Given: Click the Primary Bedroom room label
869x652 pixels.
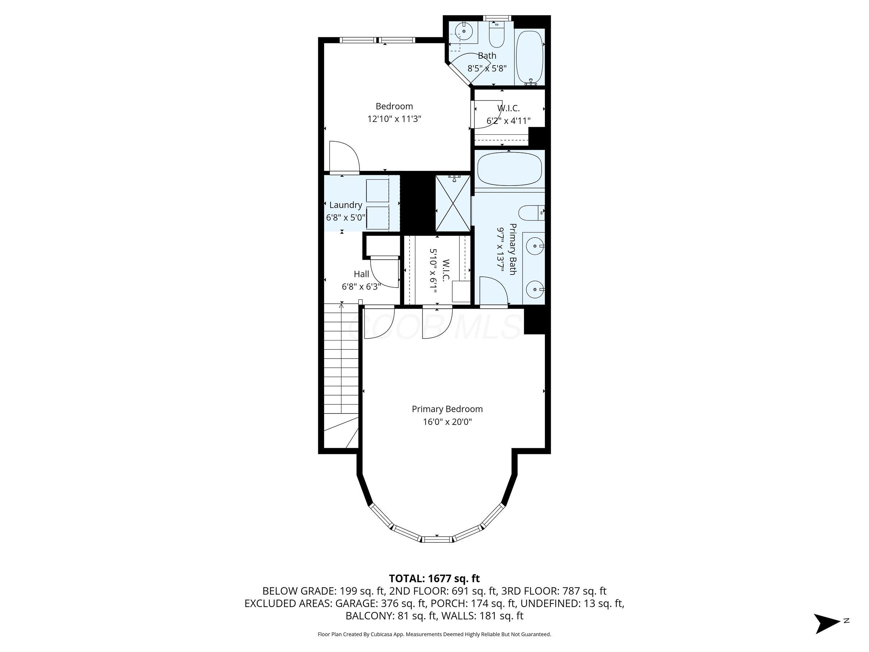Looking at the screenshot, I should (447, 409).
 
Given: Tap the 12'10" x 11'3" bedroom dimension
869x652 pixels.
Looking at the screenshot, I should (394, 119).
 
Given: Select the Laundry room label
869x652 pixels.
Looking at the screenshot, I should (345, 205).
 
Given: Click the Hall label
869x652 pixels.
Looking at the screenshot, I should (361, 274).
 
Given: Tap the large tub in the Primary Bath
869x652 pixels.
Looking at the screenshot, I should (509, 169).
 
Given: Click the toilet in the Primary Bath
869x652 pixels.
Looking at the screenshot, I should (531, 213).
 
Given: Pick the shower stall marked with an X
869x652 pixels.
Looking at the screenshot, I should (453, 204).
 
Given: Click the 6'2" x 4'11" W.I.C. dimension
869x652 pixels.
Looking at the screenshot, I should (508, 121).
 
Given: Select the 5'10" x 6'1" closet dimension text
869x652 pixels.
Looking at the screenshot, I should (433, 271).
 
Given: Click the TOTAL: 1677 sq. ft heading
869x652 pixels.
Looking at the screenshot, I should (434, 578).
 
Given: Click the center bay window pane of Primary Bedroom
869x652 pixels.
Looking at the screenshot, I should (437, 539).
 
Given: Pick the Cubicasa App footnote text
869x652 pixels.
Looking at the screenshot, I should (434, 634).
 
